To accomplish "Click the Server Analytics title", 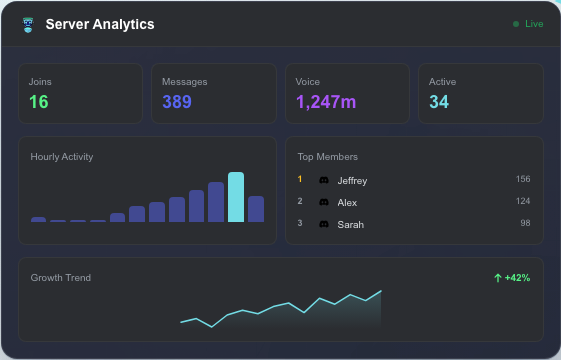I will pos(100,24).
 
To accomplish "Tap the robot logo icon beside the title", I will pos(28,24).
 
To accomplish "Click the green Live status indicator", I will pos(528,24).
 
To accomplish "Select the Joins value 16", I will pos(38,102).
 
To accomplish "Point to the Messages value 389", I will pos(177,102).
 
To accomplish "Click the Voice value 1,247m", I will pos(326,102).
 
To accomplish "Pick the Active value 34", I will pos(439,102).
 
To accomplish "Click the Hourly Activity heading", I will pos(62,157).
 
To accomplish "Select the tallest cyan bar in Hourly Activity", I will pos(236,197).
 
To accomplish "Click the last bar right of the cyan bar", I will pos(256,209).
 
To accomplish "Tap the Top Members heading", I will pos(327,157).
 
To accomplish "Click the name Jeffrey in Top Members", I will pos(352,180).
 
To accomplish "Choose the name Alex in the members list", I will pos(347,202).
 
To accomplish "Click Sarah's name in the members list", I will pos(350,224).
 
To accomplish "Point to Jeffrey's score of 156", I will pos(522,179).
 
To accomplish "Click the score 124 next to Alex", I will pos(522,201).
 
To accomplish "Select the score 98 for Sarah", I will pos(524,223).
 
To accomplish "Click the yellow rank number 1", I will pos(300,179).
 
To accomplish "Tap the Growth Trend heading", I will pos(60,277).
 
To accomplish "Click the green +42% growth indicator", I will pos(512,277).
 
